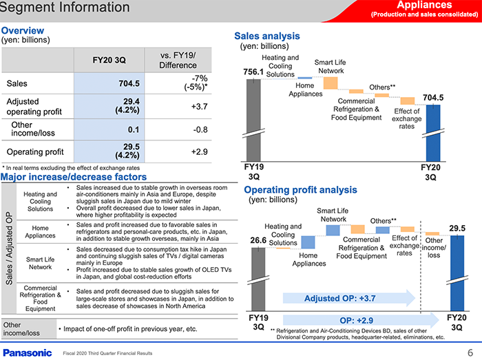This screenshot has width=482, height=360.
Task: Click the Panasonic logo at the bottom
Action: click(x=27, y=352)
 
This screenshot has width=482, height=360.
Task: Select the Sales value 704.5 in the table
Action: click(x=129, y=84)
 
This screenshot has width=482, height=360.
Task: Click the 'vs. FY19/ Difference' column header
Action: click(x=178, y=60)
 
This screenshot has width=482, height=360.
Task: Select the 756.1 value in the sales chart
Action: click(x=254, y=71)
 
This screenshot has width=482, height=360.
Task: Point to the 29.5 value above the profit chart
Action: click(x=457, y=228)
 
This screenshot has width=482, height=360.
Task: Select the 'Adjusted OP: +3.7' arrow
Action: click(x=348, y=298)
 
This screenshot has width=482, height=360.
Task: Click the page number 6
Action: click(x=470, y=352)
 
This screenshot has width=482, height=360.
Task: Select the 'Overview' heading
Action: click(x=23, y=30)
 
